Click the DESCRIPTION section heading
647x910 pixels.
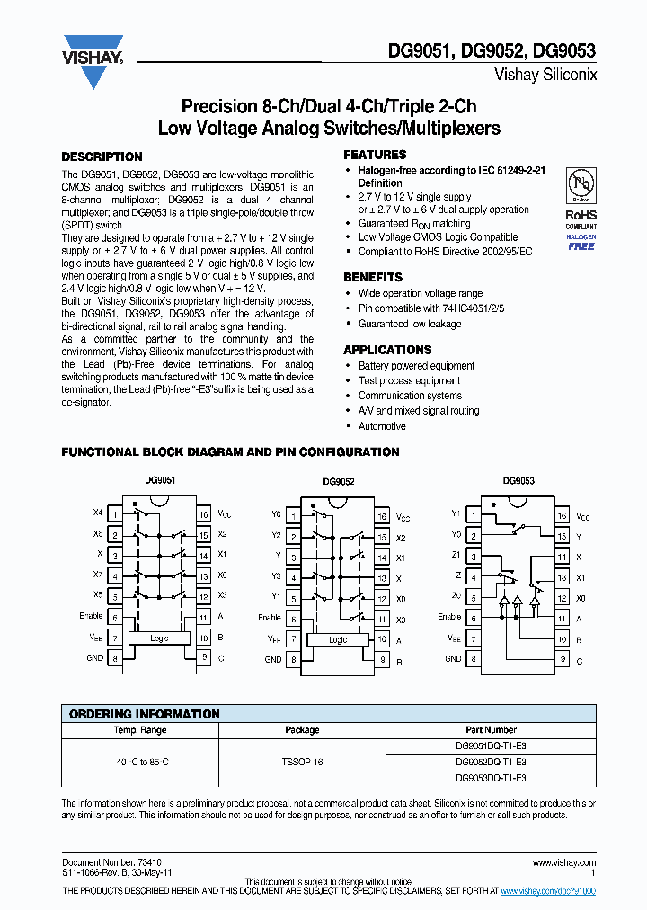102,156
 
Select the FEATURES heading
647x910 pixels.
375,155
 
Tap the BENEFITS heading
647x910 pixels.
373,277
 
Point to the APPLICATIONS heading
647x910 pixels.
387,350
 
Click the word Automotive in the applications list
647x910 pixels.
382,425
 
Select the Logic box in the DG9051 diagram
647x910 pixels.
158,638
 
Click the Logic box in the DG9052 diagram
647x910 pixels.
337,639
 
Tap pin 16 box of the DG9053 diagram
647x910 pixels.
562,516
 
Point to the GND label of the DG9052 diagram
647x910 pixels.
273,659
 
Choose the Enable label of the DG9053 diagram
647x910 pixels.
449,617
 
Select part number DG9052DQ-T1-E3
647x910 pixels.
491,762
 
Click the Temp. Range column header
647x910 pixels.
139,730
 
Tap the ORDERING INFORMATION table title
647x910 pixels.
145,714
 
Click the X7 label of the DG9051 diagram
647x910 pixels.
98,575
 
